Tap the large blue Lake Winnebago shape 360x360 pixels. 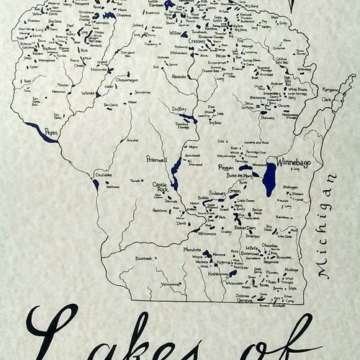(269, 180)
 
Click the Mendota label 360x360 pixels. (192, 249)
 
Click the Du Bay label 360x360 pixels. (179, 109)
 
